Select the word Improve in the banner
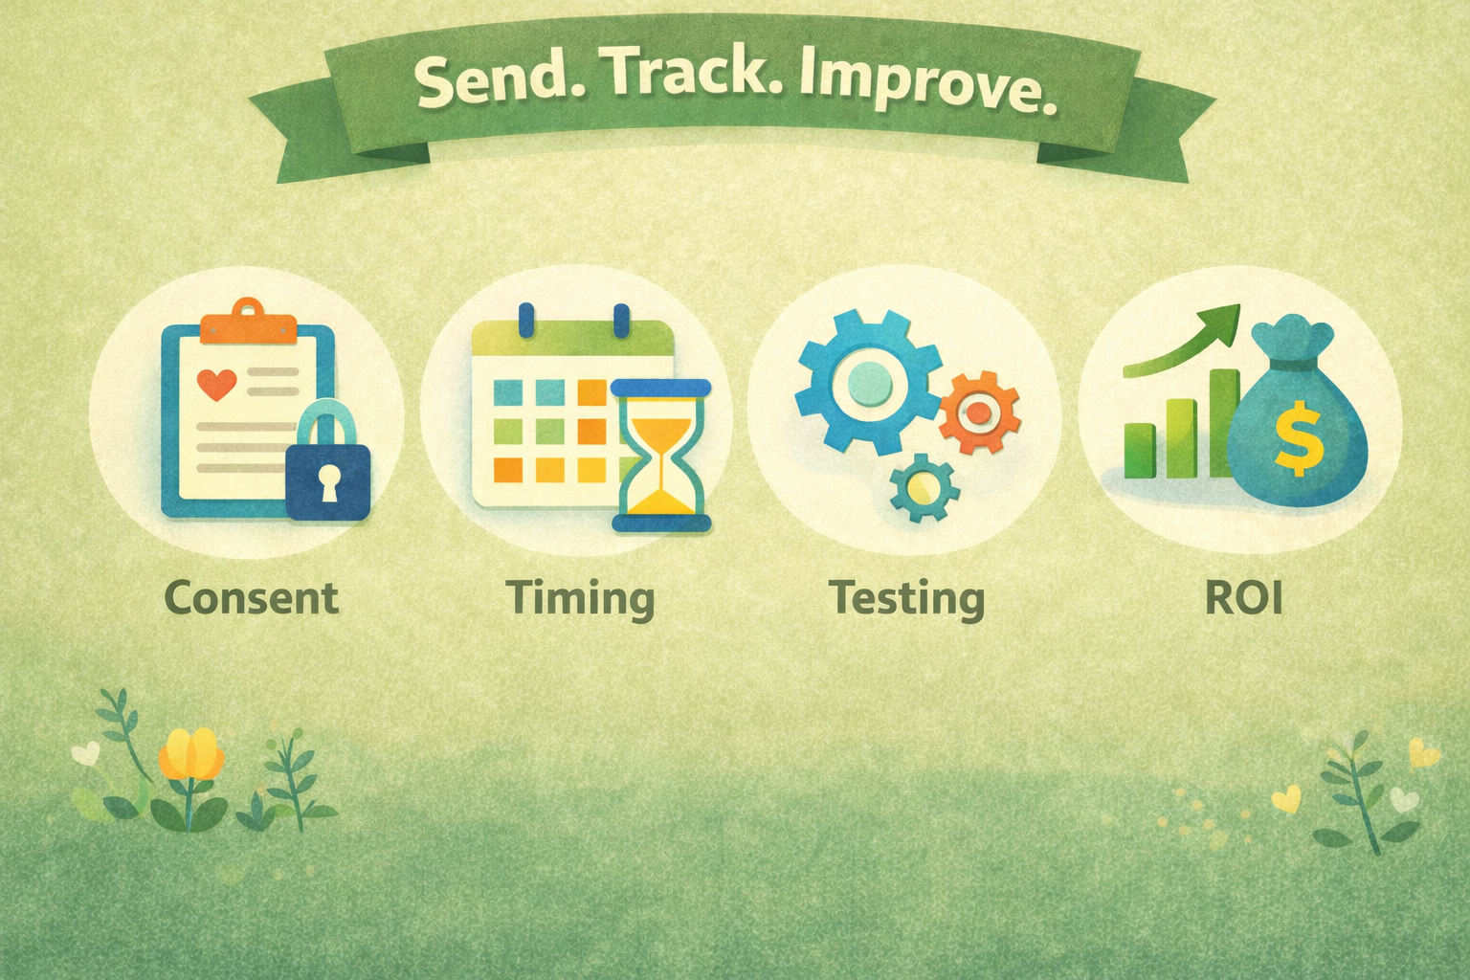pos(926,84)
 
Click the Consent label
pos(252,596)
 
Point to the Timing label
pos(582,599)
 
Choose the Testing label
pos(907,599)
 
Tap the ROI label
pos(1243,596)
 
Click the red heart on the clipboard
pos(216,384)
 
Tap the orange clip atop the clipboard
pos(248,321)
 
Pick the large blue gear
pos(870,383)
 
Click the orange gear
pos(978,412)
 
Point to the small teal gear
pos(924,488)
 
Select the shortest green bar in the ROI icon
pos(1139,451)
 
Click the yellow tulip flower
pos(191,755)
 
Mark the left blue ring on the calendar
pos(525,321)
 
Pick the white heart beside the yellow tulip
pos(85,752)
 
